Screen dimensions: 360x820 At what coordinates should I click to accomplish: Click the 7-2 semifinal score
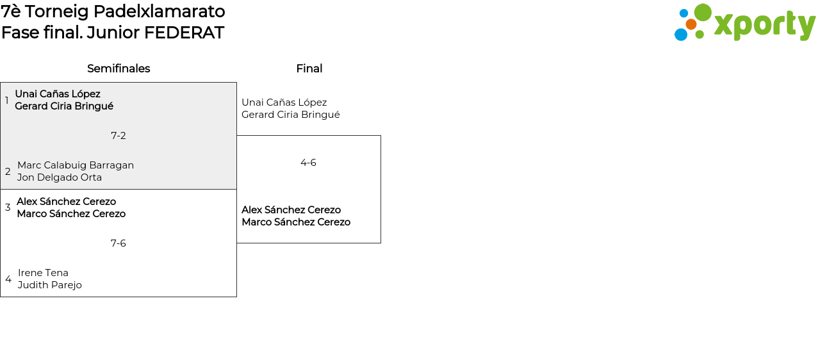tap(119, 136)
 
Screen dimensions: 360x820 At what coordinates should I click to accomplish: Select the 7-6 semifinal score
tap(119, 243)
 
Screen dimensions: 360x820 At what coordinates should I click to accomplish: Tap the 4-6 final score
tap(308, 163)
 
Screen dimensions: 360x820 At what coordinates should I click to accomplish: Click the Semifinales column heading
tap(119, 69)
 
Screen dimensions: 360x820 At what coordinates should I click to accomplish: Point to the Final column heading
tap(309, 69)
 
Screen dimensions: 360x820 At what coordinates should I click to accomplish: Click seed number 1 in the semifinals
tap(7, 101)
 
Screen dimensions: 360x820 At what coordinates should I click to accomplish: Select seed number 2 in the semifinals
tap(8, 172)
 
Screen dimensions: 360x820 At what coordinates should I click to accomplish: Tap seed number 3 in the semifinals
tap(8, 208)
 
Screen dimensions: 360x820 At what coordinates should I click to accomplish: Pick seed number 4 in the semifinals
tap(8, 279)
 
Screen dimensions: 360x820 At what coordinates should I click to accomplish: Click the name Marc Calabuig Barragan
tap(76, 165)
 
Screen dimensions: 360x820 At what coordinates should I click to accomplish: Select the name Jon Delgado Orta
tap(60, 177)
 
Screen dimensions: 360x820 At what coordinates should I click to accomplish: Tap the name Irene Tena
tap(43, 273)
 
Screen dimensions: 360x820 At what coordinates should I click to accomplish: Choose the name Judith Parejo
tap(50, 285)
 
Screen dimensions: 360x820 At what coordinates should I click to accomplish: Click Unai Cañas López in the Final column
tap(284, 102)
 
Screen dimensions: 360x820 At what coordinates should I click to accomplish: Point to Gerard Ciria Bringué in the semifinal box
tap(64, 106)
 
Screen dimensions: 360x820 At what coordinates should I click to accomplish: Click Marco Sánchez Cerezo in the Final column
tap(296, 222)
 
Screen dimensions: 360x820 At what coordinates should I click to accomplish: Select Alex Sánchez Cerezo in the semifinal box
tap(67, 202)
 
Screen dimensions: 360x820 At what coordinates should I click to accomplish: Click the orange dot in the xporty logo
tap(691, 24)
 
